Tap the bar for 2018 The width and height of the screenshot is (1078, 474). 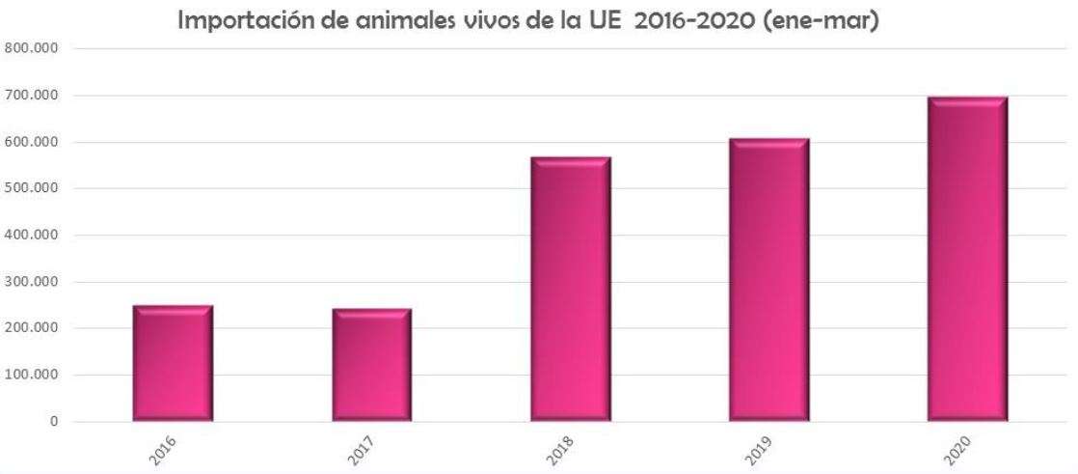(571, 289)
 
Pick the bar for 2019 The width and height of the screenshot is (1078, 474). (768, 280)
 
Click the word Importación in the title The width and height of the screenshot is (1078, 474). (251, 20)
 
